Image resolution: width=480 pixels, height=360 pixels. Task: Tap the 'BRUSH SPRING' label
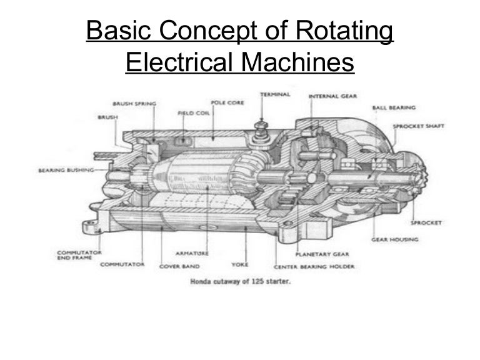[134, 104]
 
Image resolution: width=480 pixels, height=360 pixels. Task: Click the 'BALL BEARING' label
[390, 108]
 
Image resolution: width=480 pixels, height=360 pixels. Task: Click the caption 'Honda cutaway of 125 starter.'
[239, 281]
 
